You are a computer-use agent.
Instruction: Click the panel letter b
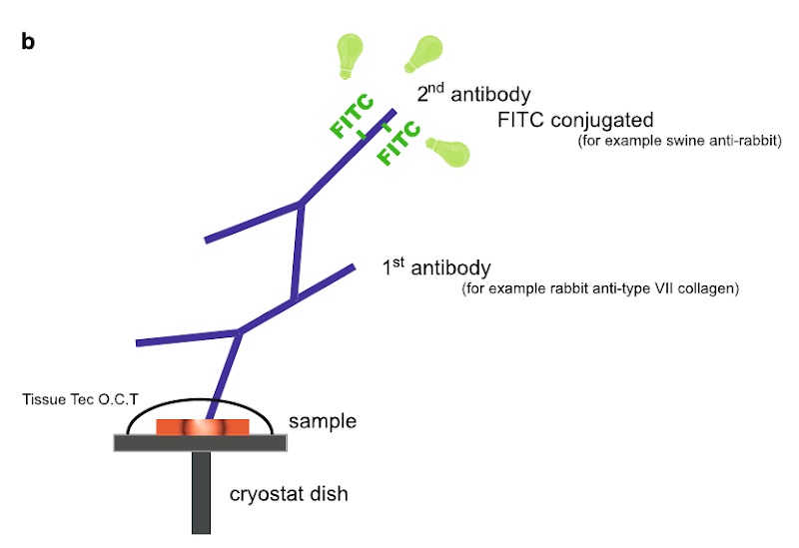(27, 43)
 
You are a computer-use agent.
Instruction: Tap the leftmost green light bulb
(351, 55)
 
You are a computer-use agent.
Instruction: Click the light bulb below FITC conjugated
(447, 151)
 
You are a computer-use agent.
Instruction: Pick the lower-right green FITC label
(397, 140)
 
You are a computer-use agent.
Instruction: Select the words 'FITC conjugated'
(575, 121)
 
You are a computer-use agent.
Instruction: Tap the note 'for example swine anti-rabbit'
(679, 142)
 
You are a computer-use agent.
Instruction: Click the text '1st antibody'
(436, 269)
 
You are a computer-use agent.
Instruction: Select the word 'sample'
(322, 422)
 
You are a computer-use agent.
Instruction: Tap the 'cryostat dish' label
(290, 494)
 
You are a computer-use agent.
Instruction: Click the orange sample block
(203, 427)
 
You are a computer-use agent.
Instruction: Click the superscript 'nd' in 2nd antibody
(436, 87)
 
